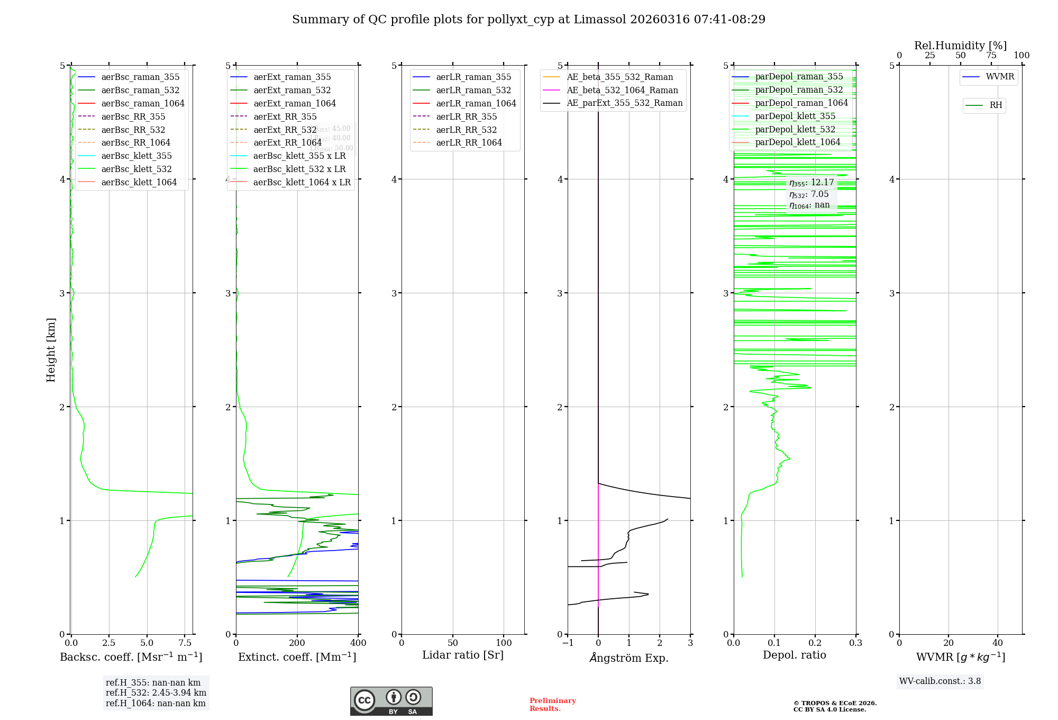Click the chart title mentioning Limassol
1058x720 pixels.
point(528,20)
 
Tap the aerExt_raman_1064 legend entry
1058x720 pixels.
point(295,103)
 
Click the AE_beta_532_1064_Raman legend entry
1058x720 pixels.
point(622,90)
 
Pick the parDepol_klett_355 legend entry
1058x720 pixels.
point(795,116)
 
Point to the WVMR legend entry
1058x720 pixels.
point(1000,77)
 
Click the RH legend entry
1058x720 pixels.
point(996,105)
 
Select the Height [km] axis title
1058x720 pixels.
point(51,349)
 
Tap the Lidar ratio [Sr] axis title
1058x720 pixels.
point(463,655)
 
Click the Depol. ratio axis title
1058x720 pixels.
point(794,655)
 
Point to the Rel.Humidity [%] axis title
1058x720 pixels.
point(960,46)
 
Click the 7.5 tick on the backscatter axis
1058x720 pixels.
point(185,643)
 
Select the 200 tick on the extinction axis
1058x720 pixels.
point(297,643)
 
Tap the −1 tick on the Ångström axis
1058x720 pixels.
point(568,643)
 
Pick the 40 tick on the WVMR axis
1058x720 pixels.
point(998,643)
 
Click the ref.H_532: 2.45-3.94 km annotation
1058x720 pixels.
point(156,692)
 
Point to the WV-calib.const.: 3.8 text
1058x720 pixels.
point(940,681)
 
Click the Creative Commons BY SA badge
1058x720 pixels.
point(391,701)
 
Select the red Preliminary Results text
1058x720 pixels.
point(552,704)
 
